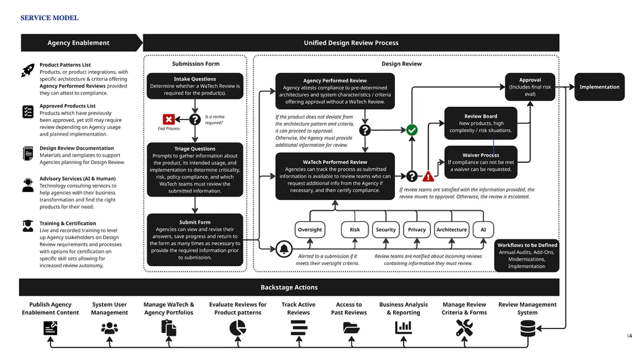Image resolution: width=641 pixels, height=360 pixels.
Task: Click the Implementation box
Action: point(599,87)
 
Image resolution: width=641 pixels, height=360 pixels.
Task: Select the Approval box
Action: point(530,87)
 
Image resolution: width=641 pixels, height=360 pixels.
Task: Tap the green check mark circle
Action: point(412,130)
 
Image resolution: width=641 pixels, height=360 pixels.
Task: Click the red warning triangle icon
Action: point(428,176)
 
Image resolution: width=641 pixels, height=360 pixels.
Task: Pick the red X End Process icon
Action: point(169,119)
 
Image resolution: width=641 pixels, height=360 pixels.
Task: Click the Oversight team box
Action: point(310,230)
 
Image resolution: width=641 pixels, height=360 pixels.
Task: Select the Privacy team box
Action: point(417,230)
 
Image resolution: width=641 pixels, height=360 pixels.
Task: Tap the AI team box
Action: point(483,230)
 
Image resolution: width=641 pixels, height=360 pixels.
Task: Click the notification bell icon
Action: point(285,249)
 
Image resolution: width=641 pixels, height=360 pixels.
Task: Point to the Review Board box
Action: point(481,123)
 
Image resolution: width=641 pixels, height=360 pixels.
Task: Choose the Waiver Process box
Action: point(481,162)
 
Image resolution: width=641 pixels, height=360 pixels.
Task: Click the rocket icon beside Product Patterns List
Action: point(28,70)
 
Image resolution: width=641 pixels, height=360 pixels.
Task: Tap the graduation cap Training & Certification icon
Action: point(28,226)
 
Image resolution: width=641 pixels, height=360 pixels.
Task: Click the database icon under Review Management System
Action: point(528,328)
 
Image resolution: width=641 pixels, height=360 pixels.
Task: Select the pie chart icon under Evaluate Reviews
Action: point(238,328)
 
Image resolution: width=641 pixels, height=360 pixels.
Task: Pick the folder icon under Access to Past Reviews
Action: point(351,328)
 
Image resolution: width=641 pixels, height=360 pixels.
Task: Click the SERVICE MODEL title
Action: point(49,18)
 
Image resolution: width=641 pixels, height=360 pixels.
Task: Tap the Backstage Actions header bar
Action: point(289,287)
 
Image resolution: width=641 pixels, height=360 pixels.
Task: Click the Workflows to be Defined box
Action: point(527,255)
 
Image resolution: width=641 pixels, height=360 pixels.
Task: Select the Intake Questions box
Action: point(195,86)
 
